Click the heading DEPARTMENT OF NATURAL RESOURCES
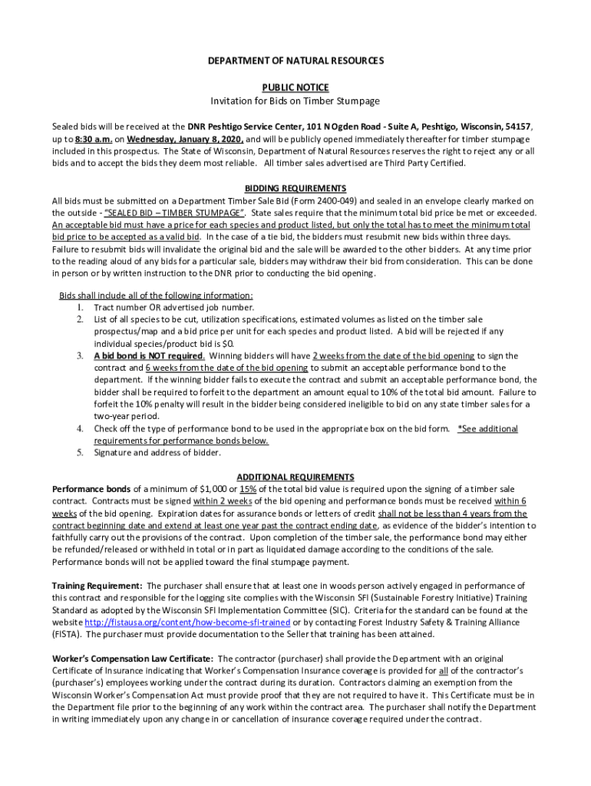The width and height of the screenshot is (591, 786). [295, 60]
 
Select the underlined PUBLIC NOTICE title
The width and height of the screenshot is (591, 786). [295, 88]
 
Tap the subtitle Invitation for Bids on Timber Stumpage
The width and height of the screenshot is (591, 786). [295, 101]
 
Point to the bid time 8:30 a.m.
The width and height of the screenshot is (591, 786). [94, 139]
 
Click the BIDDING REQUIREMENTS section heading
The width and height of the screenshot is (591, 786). [295, 188]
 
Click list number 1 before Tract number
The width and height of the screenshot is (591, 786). [80, 307]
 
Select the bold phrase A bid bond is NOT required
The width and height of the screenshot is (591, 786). [149, 356]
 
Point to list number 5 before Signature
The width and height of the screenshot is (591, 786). [80, 452]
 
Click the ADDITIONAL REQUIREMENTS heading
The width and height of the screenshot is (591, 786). [295, 477]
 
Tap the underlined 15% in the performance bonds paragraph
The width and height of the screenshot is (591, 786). [248, 489]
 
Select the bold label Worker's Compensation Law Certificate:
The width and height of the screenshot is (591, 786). [133, 659]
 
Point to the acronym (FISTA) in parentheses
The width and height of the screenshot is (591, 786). [67, 635]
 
